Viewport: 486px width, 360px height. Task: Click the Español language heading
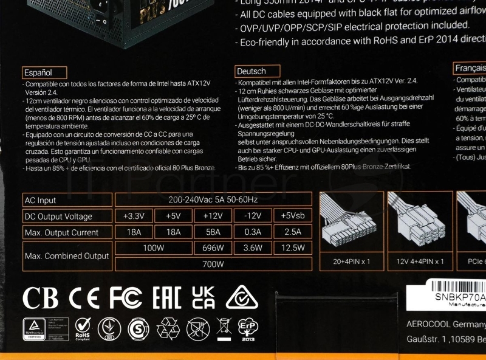tap(39, 71)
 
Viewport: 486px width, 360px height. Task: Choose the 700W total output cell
tap(213, 264)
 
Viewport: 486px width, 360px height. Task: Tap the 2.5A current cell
tap(292, 232)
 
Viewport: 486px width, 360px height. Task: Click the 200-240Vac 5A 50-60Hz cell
tap(213, 200)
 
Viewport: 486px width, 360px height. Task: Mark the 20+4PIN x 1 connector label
tap(352, 261)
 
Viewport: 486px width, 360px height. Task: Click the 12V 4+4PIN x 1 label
tap(420, 261)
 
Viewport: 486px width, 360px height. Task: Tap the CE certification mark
tap(84, 298)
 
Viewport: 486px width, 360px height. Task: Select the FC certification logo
tap(126, 298)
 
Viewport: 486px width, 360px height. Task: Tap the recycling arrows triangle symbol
tap(168, 329)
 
